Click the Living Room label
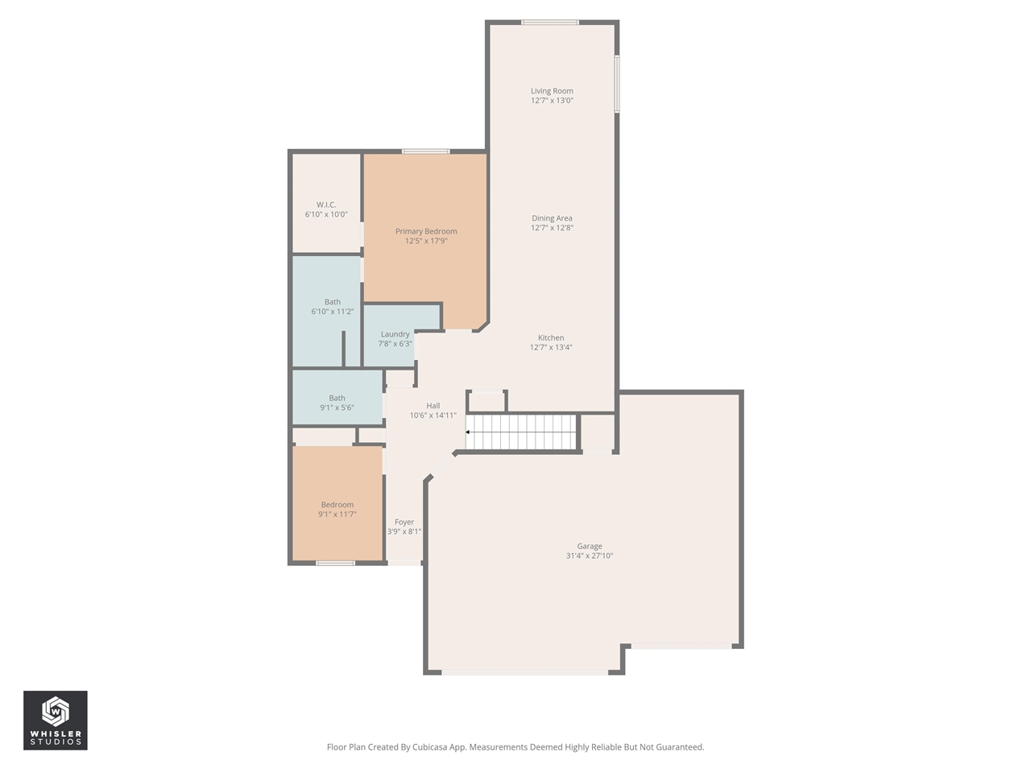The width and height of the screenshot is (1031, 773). pyautogui.click(x=552, y=91)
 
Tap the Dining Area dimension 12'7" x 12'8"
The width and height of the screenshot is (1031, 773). pyautogui.click(x=552, y=228)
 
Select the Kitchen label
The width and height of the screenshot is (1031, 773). pyautogui.click(x=551, y=338)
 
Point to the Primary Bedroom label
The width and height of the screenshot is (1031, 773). pyautogui.click(x=426, y=232)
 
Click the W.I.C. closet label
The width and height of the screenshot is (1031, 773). pyautogui.click(x=326, y=205)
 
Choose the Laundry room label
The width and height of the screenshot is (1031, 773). pyautogui.click(x=395, y=334)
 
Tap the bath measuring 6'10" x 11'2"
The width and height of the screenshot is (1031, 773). pyautogui.click(x=333, y=307)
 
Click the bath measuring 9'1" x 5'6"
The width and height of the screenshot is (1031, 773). pyautogui.click(x=337, y=403)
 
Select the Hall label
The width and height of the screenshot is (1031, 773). pyautogui.click(x=433, y=406)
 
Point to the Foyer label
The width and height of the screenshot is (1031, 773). pyautogui.click(x=404, y=523)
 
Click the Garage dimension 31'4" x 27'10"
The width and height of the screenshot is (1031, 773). pyautogui.click(x=590, y=556)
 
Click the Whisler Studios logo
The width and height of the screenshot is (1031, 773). pyautogui.click(x=56, y=720)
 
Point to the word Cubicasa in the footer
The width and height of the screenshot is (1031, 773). pyautogui.click(x=430, y=747)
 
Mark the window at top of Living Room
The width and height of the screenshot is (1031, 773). pyautogui.click(x=550, y=23)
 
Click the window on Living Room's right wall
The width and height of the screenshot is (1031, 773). pyautogui.click(x=617, y=83)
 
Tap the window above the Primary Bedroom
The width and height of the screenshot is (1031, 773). pyautogui.click(x=426, y=151)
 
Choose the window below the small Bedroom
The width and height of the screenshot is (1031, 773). pyautogui.click(x=335, y=563)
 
